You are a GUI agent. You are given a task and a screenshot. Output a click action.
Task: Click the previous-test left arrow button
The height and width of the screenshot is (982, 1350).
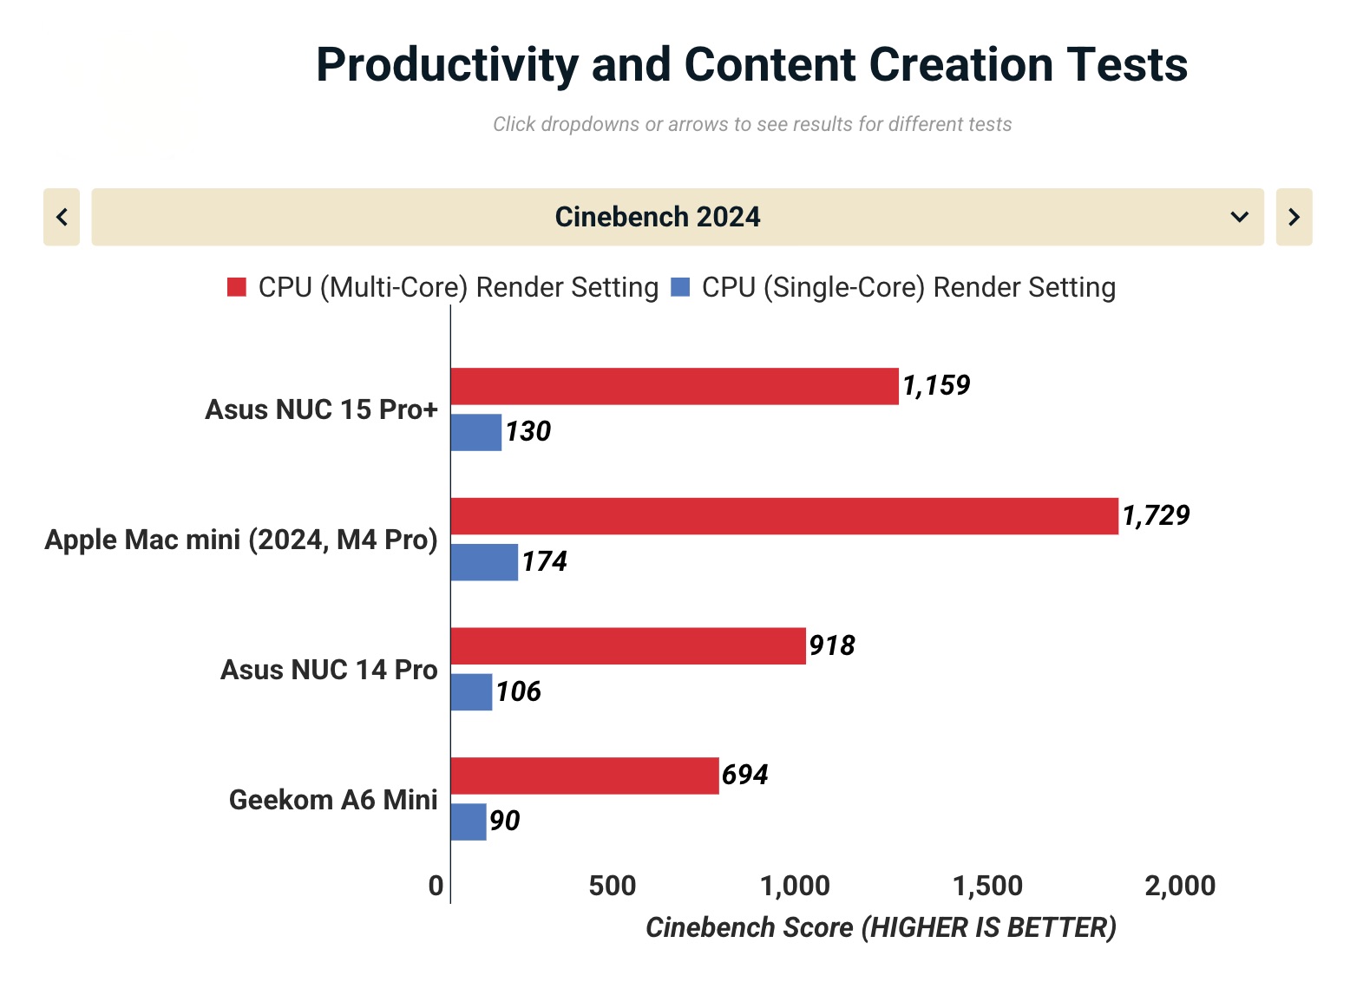[62, 217]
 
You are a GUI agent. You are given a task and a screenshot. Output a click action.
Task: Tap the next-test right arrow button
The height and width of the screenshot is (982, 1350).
[1294, 217]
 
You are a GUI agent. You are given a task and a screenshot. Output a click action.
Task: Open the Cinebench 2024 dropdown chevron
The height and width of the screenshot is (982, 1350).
[1240, 217]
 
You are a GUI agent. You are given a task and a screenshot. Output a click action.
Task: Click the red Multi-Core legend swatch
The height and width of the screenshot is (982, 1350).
[237, 287]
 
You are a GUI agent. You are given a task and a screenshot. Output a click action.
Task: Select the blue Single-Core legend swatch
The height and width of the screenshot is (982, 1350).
[681, 287]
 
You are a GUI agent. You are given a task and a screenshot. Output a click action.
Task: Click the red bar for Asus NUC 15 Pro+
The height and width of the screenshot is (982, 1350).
[674, 386]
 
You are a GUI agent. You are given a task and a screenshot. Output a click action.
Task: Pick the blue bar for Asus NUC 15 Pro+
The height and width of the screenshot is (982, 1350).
[475, 432]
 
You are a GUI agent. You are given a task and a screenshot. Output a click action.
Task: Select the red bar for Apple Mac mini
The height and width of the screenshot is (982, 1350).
[784, 516]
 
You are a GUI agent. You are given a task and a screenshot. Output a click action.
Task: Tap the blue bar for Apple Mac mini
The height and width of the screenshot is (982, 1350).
[484, 562]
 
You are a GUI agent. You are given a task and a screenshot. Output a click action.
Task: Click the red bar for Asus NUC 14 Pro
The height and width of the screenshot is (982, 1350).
[628, 646]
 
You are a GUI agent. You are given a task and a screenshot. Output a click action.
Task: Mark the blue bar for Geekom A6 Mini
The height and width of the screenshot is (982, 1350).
[469, 822]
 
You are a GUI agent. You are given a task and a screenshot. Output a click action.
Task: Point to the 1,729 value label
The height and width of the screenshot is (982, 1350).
[1156, 515]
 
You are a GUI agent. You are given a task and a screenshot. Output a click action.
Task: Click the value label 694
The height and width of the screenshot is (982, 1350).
[745, 775]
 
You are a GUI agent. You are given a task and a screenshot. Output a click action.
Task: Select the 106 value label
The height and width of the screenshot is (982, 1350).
[519, 691]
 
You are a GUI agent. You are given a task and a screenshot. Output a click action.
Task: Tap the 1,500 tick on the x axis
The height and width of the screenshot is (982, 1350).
[987, 886]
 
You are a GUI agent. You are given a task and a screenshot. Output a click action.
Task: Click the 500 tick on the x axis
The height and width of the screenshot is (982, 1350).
[612, 886]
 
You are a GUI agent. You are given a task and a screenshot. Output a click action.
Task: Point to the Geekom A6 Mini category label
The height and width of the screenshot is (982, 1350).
[333, 799]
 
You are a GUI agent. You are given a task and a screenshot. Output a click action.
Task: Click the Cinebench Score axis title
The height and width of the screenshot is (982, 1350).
[881, 927]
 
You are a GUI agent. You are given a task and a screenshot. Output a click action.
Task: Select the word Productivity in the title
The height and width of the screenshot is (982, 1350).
[447, 65]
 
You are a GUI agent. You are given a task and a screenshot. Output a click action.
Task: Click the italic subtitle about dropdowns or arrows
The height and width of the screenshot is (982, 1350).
[752, 124]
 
